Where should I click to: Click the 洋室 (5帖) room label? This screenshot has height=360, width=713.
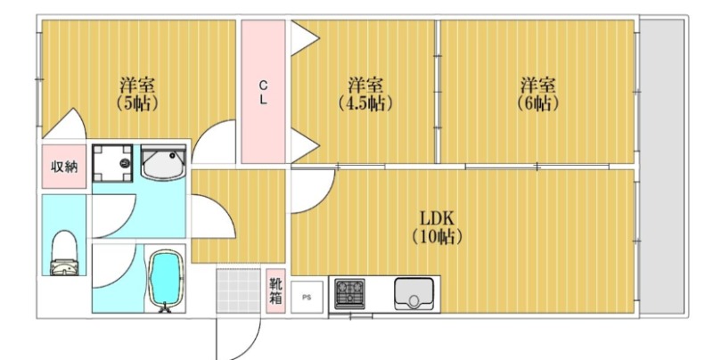(x=137, y=94)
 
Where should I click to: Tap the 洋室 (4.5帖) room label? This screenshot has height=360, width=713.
(x=365, y=94)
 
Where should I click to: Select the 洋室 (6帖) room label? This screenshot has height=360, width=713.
(x=537, y=94)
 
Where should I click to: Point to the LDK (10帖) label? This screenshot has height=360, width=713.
(x=437, y=227)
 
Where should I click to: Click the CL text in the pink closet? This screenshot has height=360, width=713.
(x=263, y=93)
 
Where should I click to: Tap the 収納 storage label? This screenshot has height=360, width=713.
(x=64, y=167)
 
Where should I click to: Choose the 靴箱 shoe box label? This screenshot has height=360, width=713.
(x=275, y=291)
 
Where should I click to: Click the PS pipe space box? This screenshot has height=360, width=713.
(x=307, y=298)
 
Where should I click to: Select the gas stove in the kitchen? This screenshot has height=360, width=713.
(x=349, y=294)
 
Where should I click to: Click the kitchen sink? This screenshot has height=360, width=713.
(x=414, y=294)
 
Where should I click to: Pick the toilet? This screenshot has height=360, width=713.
(x=64, y=253)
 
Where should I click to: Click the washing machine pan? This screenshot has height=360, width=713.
(x=112, y=164)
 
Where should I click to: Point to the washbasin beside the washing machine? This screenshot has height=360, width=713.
(x=164, y=163)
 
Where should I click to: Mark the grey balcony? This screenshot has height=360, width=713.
(x=662, y=167)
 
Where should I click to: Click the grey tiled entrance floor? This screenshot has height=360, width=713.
(x=238, y=290)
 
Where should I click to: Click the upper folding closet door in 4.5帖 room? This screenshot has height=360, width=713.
(x=305, y=38)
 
